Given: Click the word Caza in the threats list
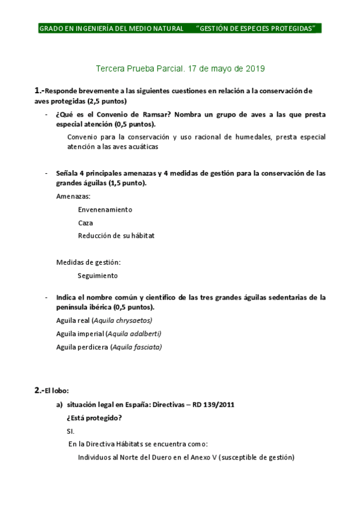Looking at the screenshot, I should coord(85,223).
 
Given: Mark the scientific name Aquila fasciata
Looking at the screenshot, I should coord(136,346).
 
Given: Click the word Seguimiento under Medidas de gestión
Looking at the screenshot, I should coord(97,275).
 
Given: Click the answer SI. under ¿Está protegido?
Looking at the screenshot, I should coord(70,431).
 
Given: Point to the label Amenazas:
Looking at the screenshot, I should coord(73,196).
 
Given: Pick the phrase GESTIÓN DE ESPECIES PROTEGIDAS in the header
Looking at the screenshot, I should coord(257,28).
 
